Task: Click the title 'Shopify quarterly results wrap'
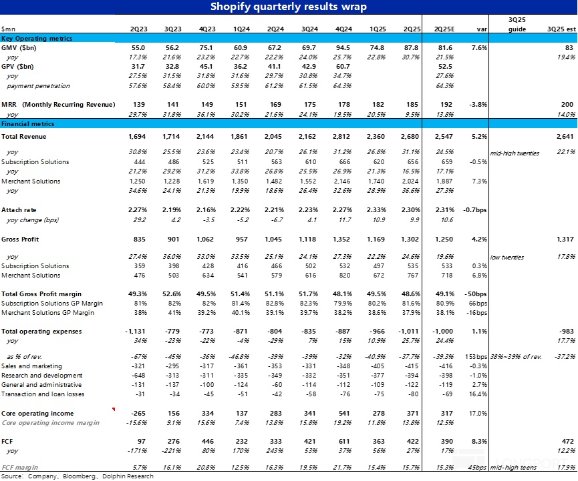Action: [289, 7]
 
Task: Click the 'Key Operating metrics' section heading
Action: [37, 39]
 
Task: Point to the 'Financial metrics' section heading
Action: [27, 124]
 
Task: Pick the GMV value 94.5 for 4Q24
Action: [343, 49]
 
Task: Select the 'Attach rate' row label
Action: [18, 209]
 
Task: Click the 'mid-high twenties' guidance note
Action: [516, 153]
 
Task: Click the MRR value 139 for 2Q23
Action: [139, 105]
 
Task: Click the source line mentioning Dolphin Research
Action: [78, 476]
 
